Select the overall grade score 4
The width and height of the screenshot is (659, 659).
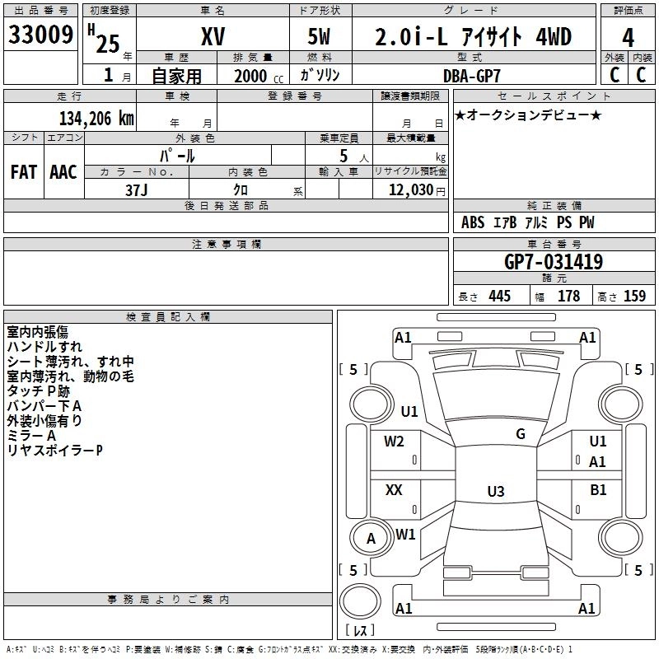pos(629,38)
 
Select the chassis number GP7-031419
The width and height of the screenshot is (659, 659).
pos(553,263)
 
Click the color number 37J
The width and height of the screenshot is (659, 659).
pos(137,189)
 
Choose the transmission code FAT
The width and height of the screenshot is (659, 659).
pos(24,172)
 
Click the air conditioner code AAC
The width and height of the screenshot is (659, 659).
pos(63,172)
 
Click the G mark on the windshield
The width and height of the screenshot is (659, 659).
pos(520,434)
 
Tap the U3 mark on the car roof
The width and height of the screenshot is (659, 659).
pos(495,492)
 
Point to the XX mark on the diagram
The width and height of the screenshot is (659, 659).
pos(394,490)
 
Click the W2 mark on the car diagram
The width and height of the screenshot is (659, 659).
pos(394,441)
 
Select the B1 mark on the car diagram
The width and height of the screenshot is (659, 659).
pos(598,490)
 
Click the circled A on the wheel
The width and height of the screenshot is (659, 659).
pos(371,539)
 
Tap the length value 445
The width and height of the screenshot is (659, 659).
pos(498,297)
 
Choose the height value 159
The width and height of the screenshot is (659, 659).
pos(634,297)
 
